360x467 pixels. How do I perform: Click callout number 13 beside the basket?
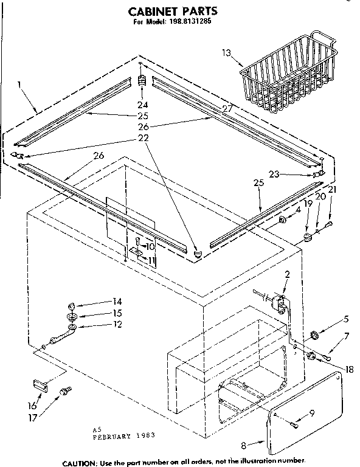pos(226,54)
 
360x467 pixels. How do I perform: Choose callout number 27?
pos(210,108)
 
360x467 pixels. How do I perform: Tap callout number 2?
pos(287,274)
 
